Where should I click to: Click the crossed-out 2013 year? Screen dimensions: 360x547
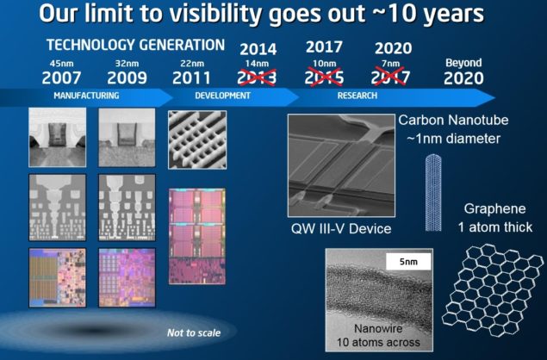pyautogui.click(x=257, y=78)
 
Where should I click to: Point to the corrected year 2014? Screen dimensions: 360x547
pyautogui.click(x=257, y=48)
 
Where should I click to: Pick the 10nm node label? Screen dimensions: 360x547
pyautogui.click(x=324, y=63)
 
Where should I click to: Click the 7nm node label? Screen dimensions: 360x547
pyautogui.click(x=393, y=63)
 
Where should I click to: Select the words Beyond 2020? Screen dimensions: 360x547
pyautogui.click(x=463, y=71)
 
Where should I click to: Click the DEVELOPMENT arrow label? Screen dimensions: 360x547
pyautogui.click(x=221, y=96)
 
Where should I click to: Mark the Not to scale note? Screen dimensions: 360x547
pyautogui.click(x=193, y=332)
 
